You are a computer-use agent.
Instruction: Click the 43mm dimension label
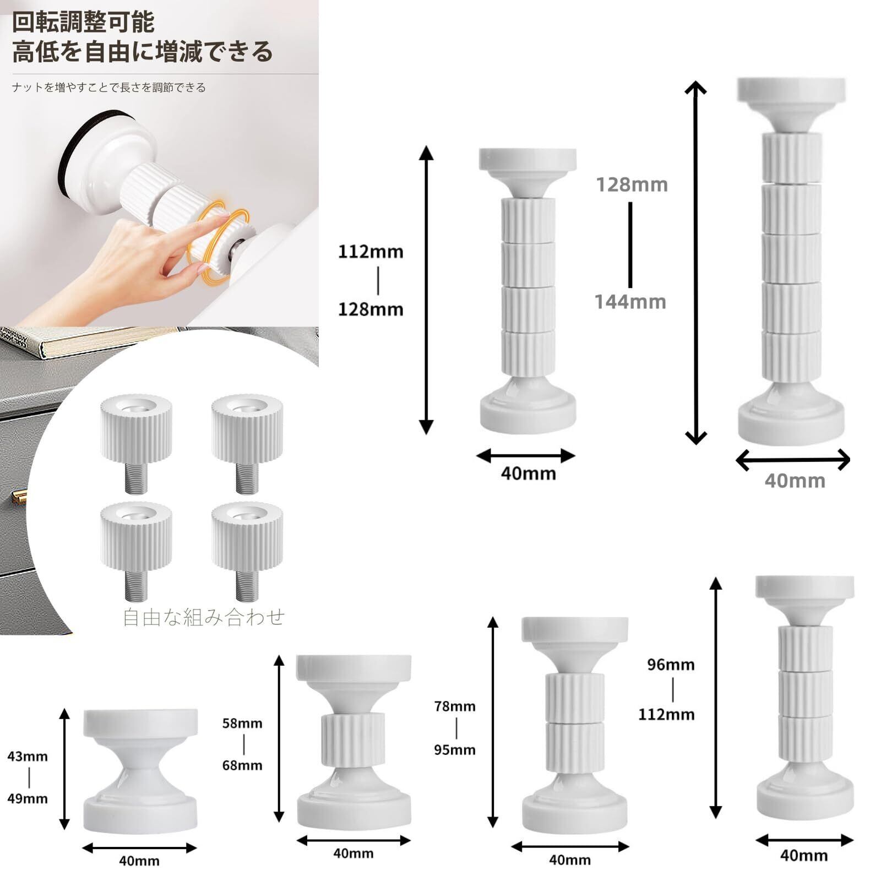pyautogui.click(x=28, y=756)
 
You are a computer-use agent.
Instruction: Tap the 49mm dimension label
pyautogui.click(x=28, y=798)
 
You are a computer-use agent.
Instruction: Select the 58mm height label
pyautogui.click(x=242, y=723)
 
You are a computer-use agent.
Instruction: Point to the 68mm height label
pyautogui.click(x=242, y=765)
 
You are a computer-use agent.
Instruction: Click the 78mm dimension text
pyautogui.click(x=455, y=706)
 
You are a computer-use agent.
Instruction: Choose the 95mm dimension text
pyautogui.click(x=455, y=749)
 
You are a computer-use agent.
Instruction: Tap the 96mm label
pyautogui.click(x=671, y=665)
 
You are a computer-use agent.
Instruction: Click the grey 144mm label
pyautogui.click(x=630, y=302)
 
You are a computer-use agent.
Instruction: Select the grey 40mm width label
pyautogui.click(x=795, y=481)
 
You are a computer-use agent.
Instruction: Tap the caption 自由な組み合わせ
pyautogui.click(x=204, y=617)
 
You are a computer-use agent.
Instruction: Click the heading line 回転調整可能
pyautogui.click(x=84, y=22)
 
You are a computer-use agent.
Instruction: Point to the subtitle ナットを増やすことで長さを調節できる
pyautogui.click(x=109, y=88)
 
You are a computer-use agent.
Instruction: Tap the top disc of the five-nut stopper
pyautogui.click(x=791, y=91)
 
